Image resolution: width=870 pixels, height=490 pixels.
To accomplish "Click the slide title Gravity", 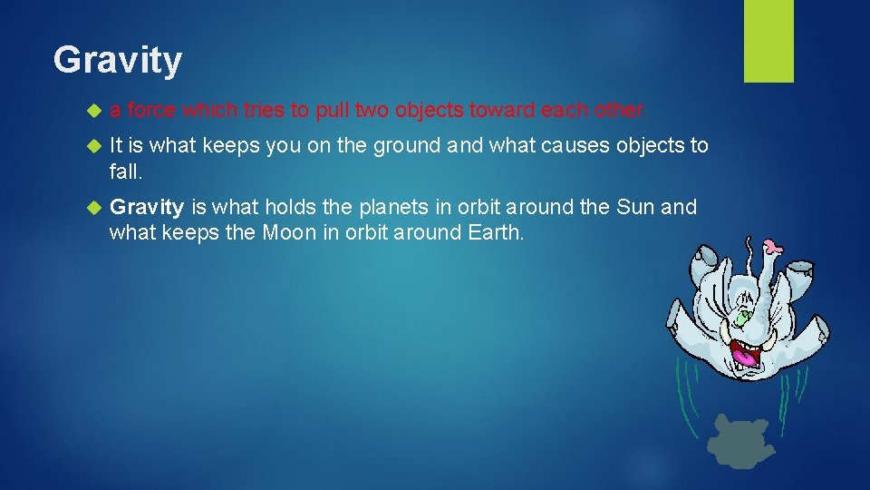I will pos(117,61).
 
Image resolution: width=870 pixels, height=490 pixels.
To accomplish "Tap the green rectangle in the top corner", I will pos(768,41).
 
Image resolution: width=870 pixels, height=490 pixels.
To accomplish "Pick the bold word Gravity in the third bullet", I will pos(146,207).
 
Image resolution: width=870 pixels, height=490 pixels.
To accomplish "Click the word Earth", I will pos(494,231).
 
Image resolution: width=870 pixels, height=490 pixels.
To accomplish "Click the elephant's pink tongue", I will pos(744,357).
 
